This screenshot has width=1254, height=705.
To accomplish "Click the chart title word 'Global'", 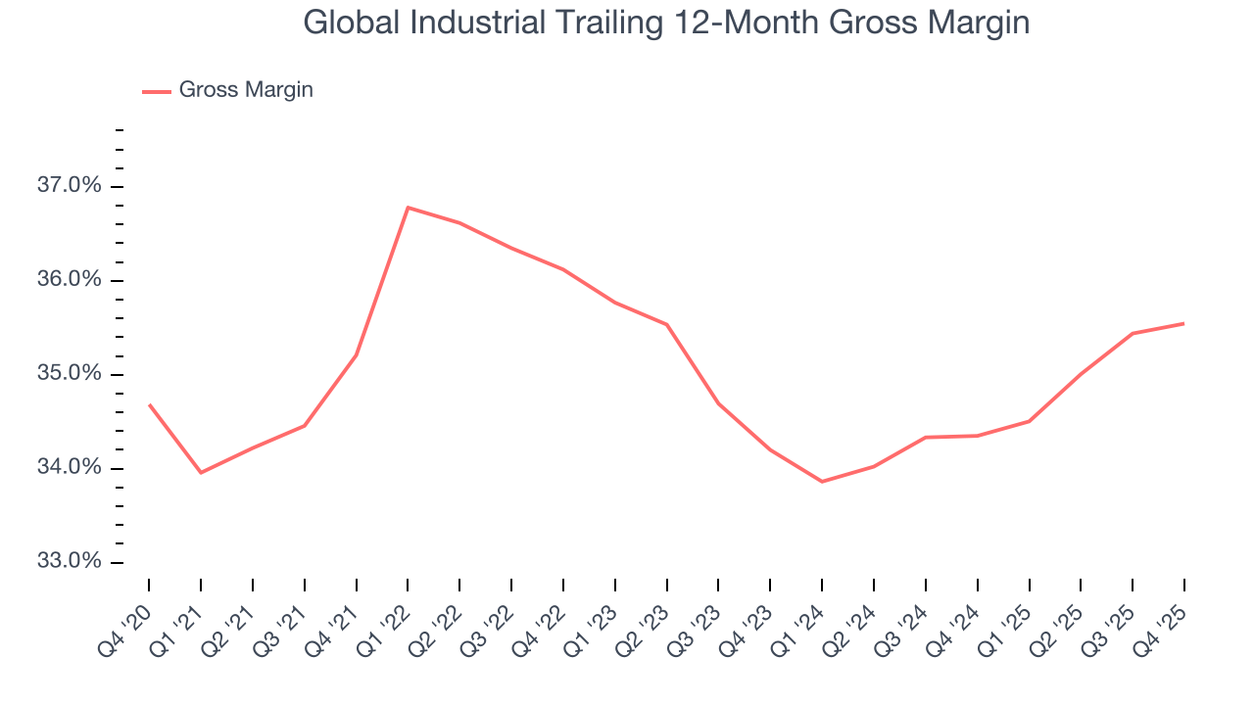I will click(351, 23).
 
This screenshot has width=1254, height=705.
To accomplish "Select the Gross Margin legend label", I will click(246, 90).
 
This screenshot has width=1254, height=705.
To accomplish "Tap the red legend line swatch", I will click(157, 91).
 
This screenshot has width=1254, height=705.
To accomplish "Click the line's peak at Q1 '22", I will click(408, 207).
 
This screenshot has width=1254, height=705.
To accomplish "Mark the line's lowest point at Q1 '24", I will click(822, 482).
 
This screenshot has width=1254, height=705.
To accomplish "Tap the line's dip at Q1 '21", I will click(201, 473).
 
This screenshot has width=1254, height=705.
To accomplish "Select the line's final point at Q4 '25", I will click(1183, 323).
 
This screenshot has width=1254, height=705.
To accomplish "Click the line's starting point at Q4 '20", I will click(149, 404).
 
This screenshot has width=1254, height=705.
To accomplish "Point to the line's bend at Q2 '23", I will click(667, 324).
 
